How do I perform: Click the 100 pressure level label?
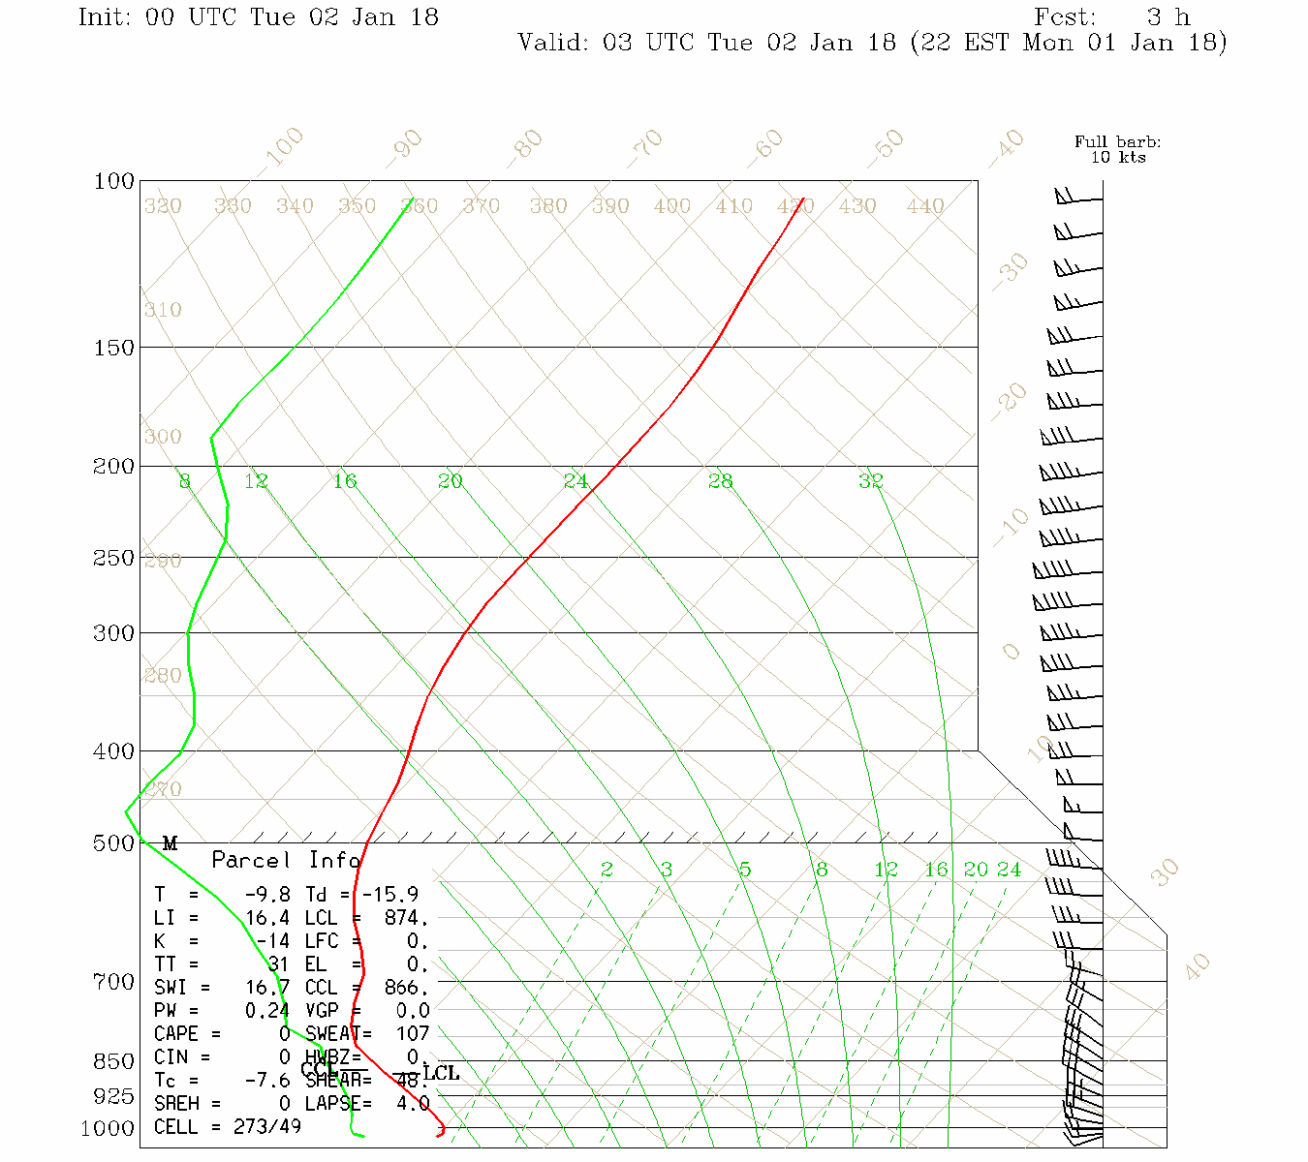coord(113,181)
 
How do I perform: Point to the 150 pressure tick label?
coord(113,347)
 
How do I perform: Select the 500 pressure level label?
coord(113,843)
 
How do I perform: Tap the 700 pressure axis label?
coord(113,982)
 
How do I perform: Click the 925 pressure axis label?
coord(113,1096)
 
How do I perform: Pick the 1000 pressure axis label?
coord(107,1129)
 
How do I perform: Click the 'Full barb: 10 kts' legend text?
coord(1117,149)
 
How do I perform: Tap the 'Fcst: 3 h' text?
coord(1111,17)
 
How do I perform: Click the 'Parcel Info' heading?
coord(287,860)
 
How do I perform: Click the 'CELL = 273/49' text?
coord(228,1127)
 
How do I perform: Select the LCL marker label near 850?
coord(441,1073)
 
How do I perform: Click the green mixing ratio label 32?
coord(870,480)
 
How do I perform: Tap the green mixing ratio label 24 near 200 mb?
coord(576,480)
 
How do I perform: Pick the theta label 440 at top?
coord(924,206)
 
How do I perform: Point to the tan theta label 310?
coord(163,310)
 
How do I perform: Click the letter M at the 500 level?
coord(170,843)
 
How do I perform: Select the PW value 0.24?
coord(267,1011)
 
